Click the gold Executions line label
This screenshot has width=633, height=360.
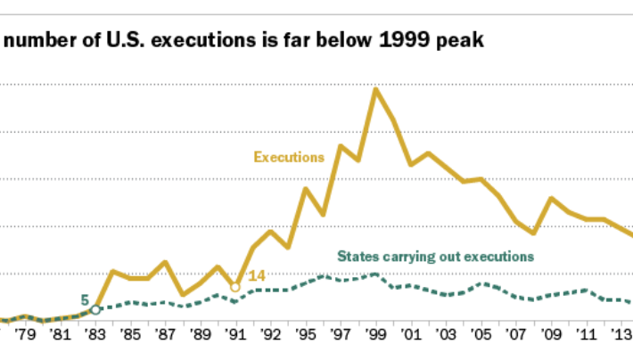(288, 157)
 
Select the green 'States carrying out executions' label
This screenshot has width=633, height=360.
(435, 256)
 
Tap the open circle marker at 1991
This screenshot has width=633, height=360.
(235, 287)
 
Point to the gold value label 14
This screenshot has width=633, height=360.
(257, 276)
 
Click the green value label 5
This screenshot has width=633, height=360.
(85, 300)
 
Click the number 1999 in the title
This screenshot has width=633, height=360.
(396, 41)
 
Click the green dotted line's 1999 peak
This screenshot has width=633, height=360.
(375, 274)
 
